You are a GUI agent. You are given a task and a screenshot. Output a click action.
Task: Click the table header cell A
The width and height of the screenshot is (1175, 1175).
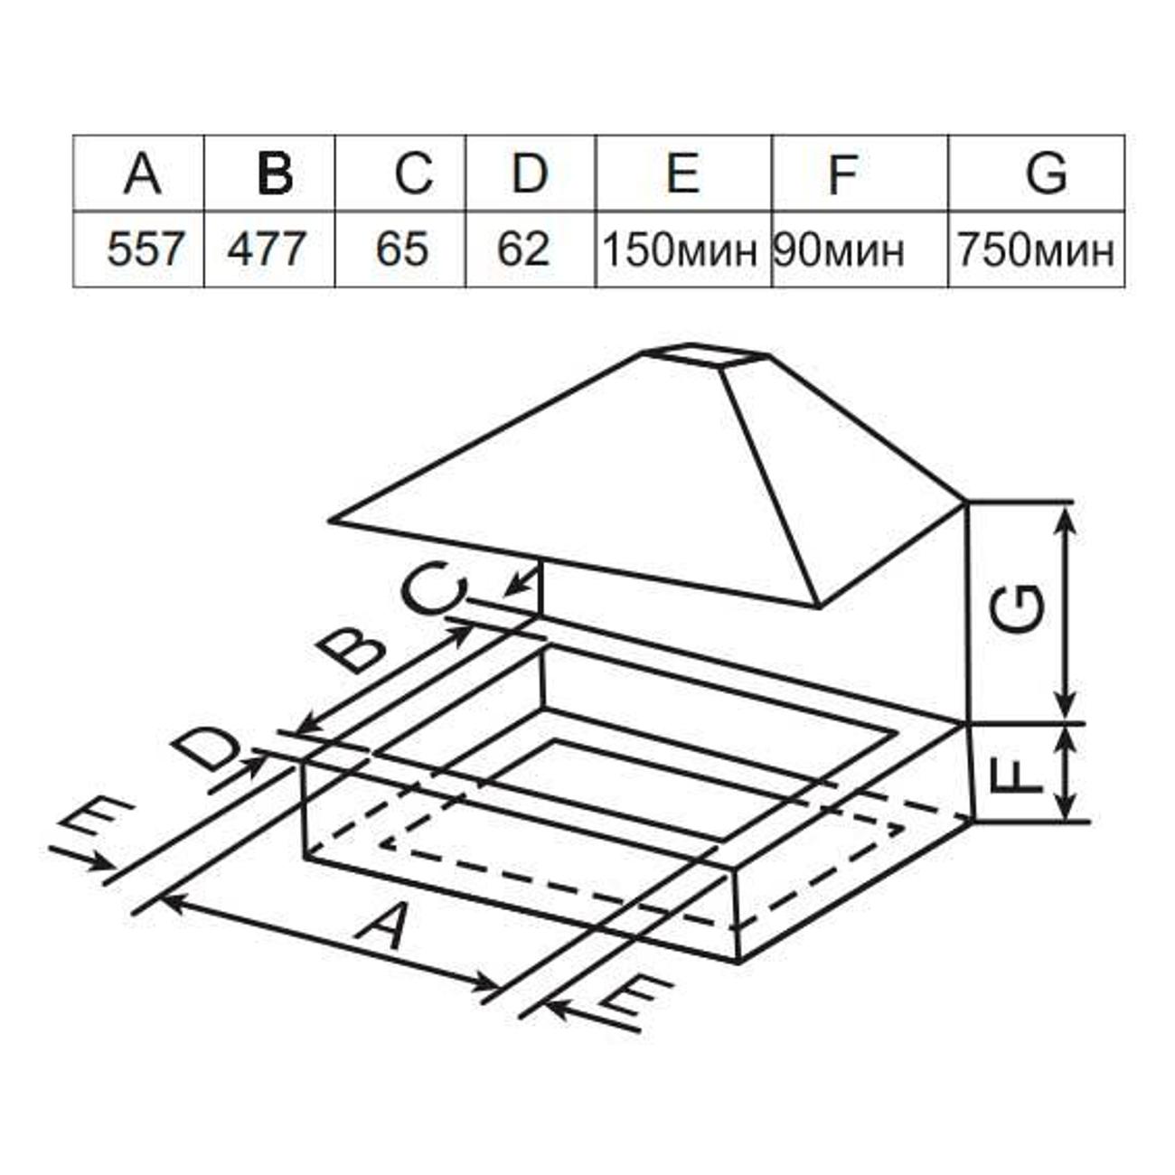pos(138,174)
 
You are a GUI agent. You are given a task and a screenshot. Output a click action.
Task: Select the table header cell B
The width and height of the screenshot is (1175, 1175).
pos(269,174)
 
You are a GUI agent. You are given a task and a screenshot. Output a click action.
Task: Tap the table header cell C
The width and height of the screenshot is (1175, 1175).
pos(400,174)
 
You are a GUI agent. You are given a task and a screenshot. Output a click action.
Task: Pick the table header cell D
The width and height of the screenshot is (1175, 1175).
pos(531,174)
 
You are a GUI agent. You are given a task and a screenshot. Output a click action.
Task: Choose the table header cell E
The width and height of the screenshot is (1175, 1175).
pos(683,174)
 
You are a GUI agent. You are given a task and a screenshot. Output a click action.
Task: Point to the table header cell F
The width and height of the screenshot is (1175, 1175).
pos(860,174)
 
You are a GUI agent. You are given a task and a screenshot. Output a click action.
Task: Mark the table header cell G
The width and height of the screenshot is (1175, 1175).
pos(1037,174)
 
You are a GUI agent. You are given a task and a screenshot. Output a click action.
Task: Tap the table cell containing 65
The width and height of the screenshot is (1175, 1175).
pos(400,249)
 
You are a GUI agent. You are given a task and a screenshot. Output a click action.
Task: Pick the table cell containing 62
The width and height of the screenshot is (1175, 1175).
pos(531,249)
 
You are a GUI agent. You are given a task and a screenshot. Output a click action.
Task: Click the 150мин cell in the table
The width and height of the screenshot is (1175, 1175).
pos(683,249)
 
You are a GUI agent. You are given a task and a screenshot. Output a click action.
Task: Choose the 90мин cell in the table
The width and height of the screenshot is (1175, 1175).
pos(860,249)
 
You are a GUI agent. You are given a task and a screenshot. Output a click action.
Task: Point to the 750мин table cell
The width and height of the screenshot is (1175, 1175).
pos(1037,249)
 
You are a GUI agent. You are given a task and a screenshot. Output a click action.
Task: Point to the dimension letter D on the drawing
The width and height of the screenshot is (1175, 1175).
pos(206,751)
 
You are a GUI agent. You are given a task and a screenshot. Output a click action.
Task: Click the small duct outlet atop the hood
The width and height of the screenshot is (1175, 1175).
pos(708,356)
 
